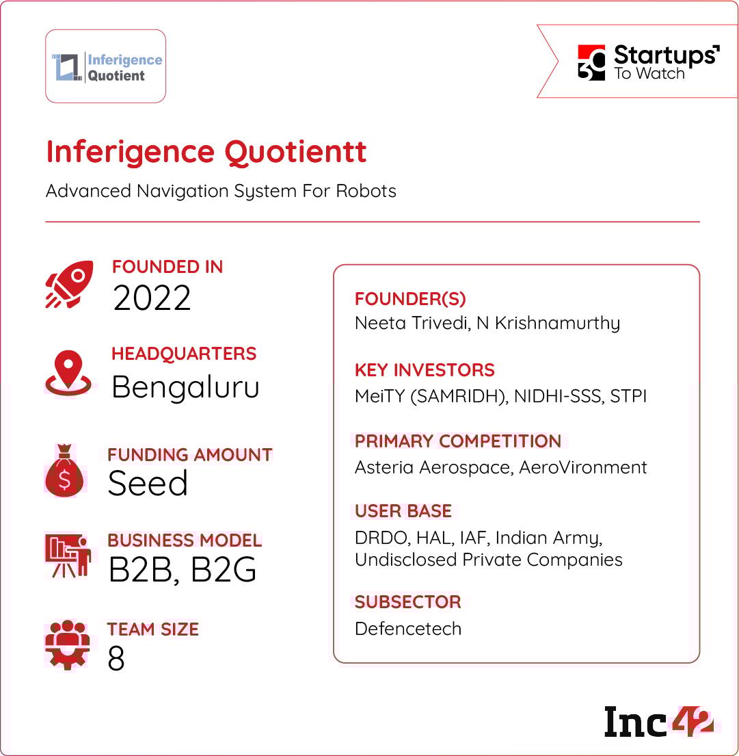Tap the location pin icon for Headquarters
click(68, 373)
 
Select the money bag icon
click(64, 471)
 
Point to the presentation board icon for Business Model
click(68, 555)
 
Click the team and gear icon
click(68, 645)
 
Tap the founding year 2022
click(152, 298)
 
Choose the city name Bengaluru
click(185, 387)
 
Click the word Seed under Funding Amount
click(148, 483)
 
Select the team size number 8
click(116, 658)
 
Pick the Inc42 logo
click(658, 722)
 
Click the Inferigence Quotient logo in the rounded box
click(107, 67)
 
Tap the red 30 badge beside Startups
click(591, 62)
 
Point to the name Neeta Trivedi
click(412, 323)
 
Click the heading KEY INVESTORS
click(425, 370)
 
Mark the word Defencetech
click(408, 629)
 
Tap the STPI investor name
click(628, 396)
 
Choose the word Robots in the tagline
click(366, 191)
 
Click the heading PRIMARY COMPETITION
click(458, 441)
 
